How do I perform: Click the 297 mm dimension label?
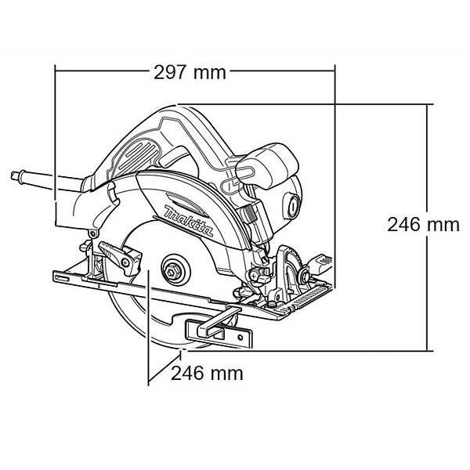[190, 73]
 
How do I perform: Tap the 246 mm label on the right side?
[423, 225]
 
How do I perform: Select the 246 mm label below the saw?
[207, 374]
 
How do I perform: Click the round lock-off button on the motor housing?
[292, 206]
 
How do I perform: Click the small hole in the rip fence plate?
[240, 338]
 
